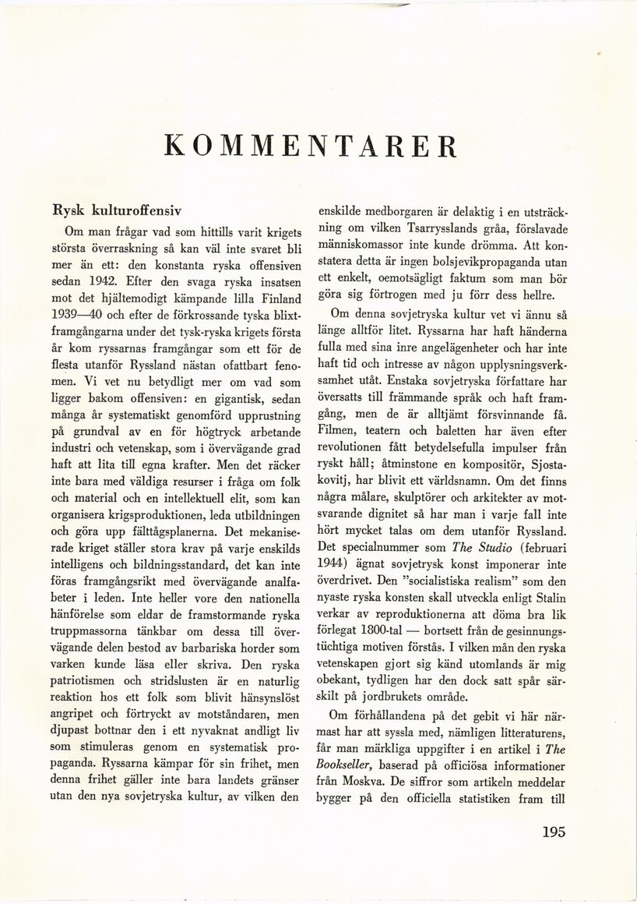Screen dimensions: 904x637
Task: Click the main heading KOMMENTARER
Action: (311, 147)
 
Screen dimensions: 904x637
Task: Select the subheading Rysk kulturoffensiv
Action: (117, 210)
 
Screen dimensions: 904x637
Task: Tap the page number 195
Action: (554, 832)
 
